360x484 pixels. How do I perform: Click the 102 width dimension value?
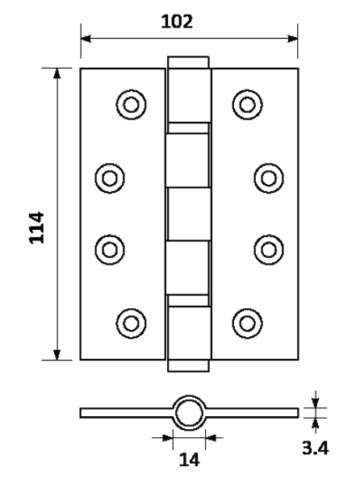177,22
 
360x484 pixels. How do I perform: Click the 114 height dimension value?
36,227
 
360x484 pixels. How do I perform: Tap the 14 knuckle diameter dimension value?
189,460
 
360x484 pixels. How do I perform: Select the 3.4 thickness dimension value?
316,448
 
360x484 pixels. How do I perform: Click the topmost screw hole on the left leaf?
132,105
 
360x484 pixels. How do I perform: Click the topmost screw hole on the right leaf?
247,105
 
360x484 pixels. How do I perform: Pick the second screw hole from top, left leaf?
110,178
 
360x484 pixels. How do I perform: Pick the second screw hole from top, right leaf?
269,178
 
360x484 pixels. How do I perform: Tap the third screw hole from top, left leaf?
110,250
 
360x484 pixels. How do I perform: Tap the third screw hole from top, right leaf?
269,250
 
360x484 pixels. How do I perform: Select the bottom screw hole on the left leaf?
132,323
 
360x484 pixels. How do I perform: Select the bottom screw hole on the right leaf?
247,323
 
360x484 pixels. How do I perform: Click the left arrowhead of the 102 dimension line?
86,39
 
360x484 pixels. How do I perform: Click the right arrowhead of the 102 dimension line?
292,39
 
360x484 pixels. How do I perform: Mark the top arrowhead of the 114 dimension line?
57,73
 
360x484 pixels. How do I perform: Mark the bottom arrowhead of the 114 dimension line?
57,355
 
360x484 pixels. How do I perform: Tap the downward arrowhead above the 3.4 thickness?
315,403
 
